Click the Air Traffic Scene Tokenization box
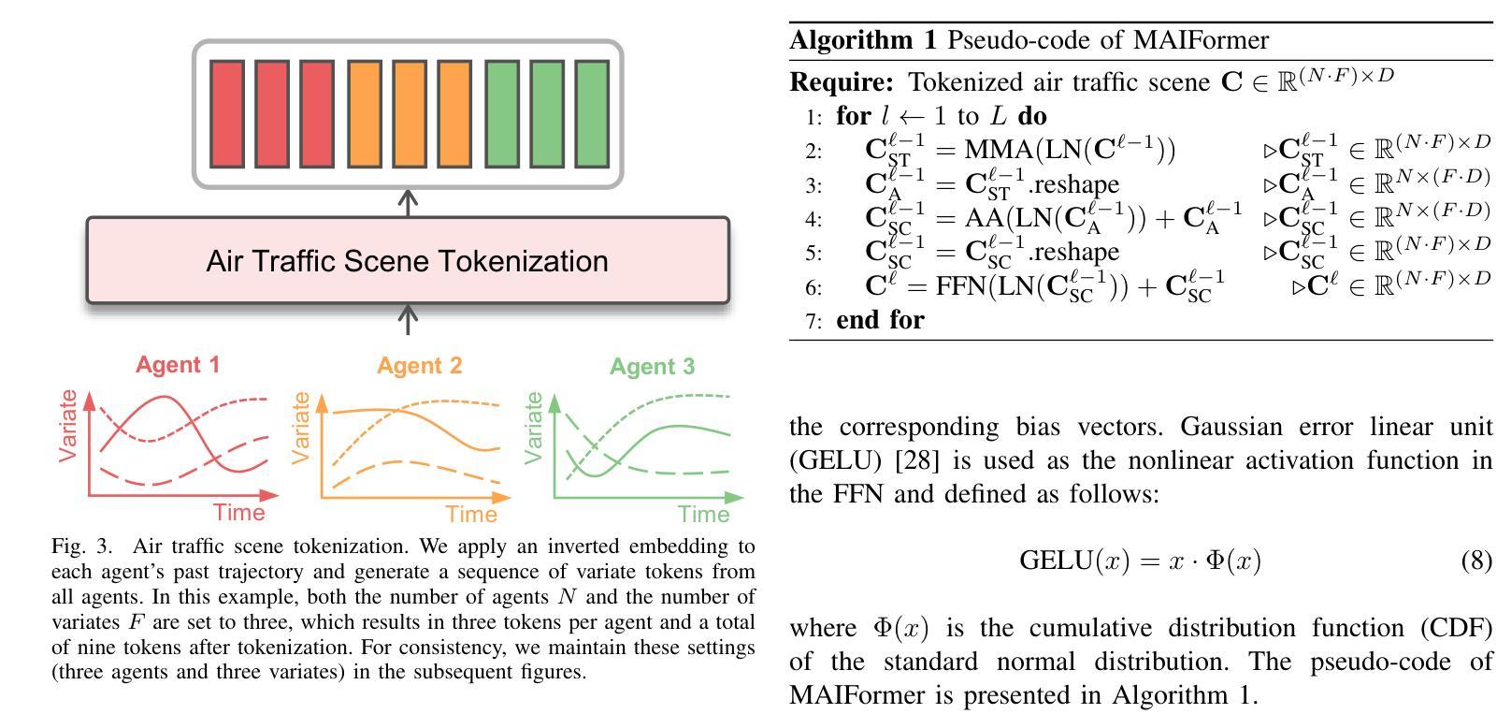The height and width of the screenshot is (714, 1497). click(408, 260)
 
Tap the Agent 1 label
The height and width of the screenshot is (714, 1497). click(178, 364)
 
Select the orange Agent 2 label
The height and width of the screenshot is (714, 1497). click(419, 365)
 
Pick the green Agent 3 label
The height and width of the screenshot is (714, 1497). click(652, 366)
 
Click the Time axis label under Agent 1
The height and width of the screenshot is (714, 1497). click(239, 512)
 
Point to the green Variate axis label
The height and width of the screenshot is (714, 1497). click(534, 427)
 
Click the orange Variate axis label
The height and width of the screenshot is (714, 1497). click(300, 427)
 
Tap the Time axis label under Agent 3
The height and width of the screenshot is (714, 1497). click(704, 514)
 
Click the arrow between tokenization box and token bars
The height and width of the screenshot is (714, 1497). click(408, 201)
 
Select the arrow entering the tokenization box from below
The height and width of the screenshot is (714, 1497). click(408, 319)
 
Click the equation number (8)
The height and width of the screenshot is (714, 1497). click(1476, 561)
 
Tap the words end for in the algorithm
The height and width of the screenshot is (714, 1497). click(880, 320)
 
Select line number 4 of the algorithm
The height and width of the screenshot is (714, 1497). click(813, 219)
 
